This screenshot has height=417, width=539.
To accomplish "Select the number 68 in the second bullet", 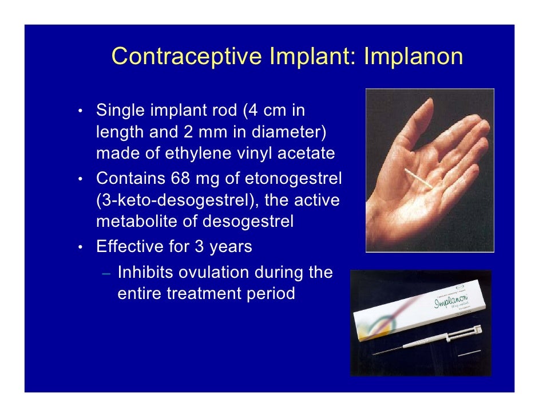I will click(181, 178).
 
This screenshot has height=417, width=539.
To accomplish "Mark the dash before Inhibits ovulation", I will click(106, 273).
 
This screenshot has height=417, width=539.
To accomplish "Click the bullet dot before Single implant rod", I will click(82, 111).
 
